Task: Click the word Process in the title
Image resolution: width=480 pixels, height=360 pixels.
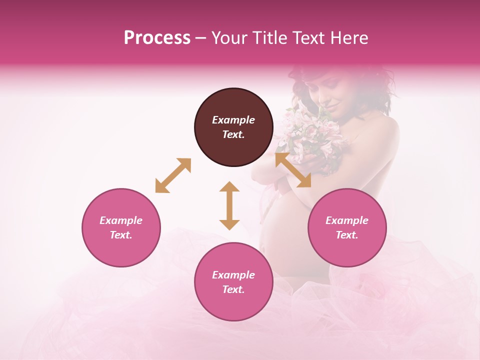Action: tap(157, 38)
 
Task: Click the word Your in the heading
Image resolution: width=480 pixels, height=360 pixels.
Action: tap(228, 38)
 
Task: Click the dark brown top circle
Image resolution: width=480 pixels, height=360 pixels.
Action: tap(233, 127)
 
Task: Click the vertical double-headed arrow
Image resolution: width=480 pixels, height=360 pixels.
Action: tap(229, 205)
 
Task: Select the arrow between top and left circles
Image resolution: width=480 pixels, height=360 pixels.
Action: tap(173, 175)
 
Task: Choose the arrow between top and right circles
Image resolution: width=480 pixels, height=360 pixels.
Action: tap(293, 170)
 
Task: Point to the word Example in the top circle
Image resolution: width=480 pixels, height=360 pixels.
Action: tap(233, 120)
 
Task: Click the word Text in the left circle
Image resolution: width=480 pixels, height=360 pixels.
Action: tap(121, 235)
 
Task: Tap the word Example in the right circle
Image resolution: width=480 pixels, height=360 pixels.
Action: tap(347, 220)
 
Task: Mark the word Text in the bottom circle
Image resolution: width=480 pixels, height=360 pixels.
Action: tap(233, 289)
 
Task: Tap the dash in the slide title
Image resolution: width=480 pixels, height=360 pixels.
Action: tap(201, 38)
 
